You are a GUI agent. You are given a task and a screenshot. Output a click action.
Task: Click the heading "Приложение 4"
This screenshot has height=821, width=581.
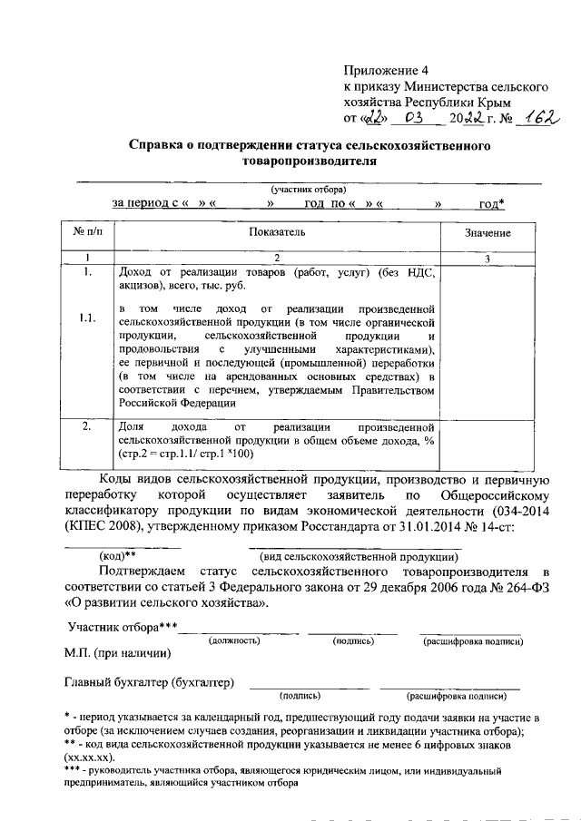point(385,70)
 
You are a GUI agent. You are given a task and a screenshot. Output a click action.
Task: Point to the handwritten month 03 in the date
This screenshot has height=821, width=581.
point(413,119)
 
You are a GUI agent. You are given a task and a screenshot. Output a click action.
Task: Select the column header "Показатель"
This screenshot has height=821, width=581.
point(277,233)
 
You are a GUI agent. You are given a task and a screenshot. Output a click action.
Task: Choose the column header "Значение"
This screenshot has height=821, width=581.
point(487,233)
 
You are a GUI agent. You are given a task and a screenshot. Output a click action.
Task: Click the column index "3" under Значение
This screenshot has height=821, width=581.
point(487,259)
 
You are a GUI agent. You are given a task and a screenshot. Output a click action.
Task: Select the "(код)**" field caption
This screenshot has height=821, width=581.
point(117,555)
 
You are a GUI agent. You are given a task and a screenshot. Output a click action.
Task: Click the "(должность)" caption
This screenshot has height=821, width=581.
point(235,640)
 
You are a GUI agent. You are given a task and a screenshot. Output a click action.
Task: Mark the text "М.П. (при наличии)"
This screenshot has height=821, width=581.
point(119,652)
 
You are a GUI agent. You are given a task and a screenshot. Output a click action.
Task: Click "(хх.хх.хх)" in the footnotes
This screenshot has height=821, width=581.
point(89,755)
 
